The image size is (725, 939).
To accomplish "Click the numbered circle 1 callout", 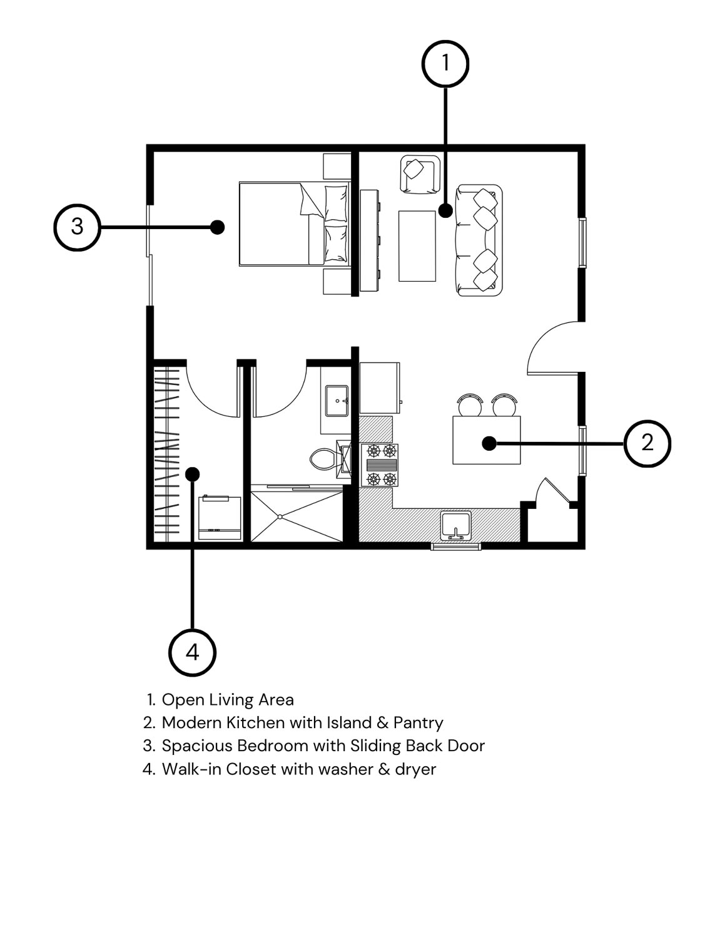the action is click(445, 64).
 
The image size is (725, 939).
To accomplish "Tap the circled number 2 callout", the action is click(647, 443).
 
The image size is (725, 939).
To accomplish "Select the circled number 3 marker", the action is click(78, 227).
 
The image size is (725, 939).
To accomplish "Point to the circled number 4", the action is click(192, 652).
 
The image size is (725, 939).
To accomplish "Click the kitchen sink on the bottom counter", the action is click(456, 525).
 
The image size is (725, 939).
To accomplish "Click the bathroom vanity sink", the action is click(337, 401).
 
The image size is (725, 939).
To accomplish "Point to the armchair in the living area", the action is click(420, 173).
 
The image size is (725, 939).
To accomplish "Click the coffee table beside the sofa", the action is click(417, 246).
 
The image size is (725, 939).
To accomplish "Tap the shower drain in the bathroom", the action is click(280, 517).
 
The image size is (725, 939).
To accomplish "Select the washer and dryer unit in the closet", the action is click(220, 518).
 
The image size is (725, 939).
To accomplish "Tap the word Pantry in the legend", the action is click(418, 722).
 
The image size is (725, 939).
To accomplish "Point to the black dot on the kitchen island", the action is click(489, 443).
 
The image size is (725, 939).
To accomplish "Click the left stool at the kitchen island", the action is click(470, 405).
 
